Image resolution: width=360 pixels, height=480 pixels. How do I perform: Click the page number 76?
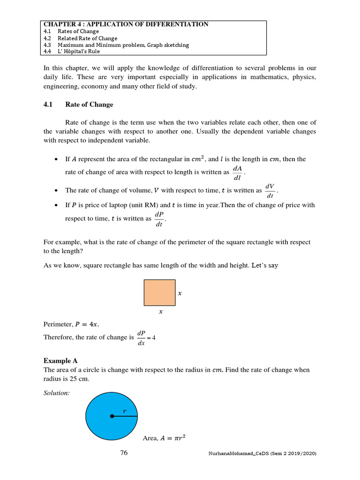pyautogui.click(x=124, y=453)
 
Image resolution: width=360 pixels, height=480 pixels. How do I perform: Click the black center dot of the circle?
pyautogui.click(x=112, y=416)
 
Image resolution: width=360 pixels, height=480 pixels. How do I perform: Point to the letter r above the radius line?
pyautogui.click(x=125, y=411)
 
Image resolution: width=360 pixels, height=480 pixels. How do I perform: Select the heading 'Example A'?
pyautogui.click(x=60, y=360)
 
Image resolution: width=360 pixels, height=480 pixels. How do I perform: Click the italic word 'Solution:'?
pyautogui.click(x=57, y=393)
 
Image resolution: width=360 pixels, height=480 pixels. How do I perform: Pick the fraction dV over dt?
pyautogui.click(x=270, y=191)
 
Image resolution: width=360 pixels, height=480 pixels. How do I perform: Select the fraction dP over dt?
pyautogui.click(x=159, y=218)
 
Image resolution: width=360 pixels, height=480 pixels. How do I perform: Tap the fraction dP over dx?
pyautogui.click(x=141, y=337)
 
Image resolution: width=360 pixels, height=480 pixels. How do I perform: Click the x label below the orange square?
pyautogui.click(x=161, y=311)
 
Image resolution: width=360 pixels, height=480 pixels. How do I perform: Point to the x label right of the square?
pyautogui.click(x=180, y=293)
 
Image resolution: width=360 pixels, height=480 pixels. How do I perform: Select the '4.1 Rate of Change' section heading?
pyautogui.click(x=78, y=105)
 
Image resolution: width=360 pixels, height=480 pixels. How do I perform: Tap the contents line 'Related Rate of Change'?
pyautogui.click(x=87, y=38)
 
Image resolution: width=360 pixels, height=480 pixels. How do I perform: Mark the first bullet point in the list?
pyautogui.click(x=56, y=159)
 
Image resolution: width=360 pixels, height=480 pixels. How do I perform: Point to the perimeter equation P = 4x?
pyautogui.click(x=72, y=324)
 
